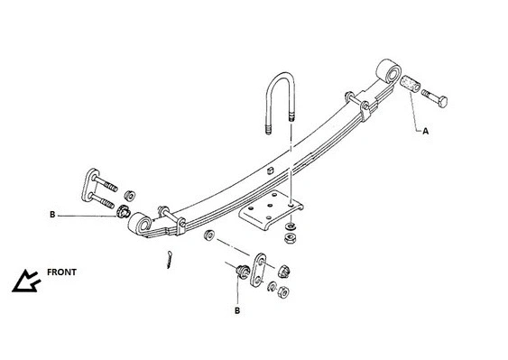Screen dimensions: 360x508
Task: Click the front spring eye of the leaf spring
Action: click(x=142, y=220)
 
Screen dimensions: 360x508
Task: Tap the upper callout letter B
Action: click(x=51, y=215)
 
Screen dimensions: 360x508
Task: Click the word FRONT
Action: click(x=61, y=272)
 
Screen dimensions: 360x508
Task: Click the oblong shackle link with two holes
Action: click(x=258, y=271)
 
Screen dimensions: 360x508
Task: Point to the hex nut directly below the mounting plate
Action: click(x=291, y=239)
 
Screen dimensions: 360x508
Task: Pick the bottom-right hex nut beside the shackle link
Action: click(x=282, y=292)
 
